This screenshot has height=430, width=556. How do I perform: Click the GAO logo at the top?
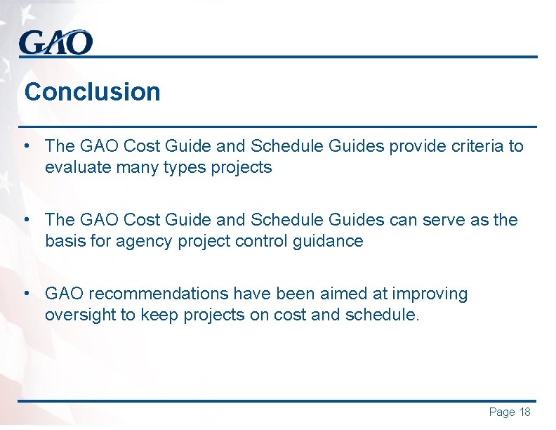tap(55, 43)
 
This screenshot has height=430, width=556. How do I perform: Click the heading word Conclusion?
tap(92, 92)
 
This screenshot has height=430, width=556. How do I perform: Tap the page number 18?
tap(524, 412)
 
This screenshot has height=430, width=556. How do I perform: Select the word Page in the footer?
tap(501, 412)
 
